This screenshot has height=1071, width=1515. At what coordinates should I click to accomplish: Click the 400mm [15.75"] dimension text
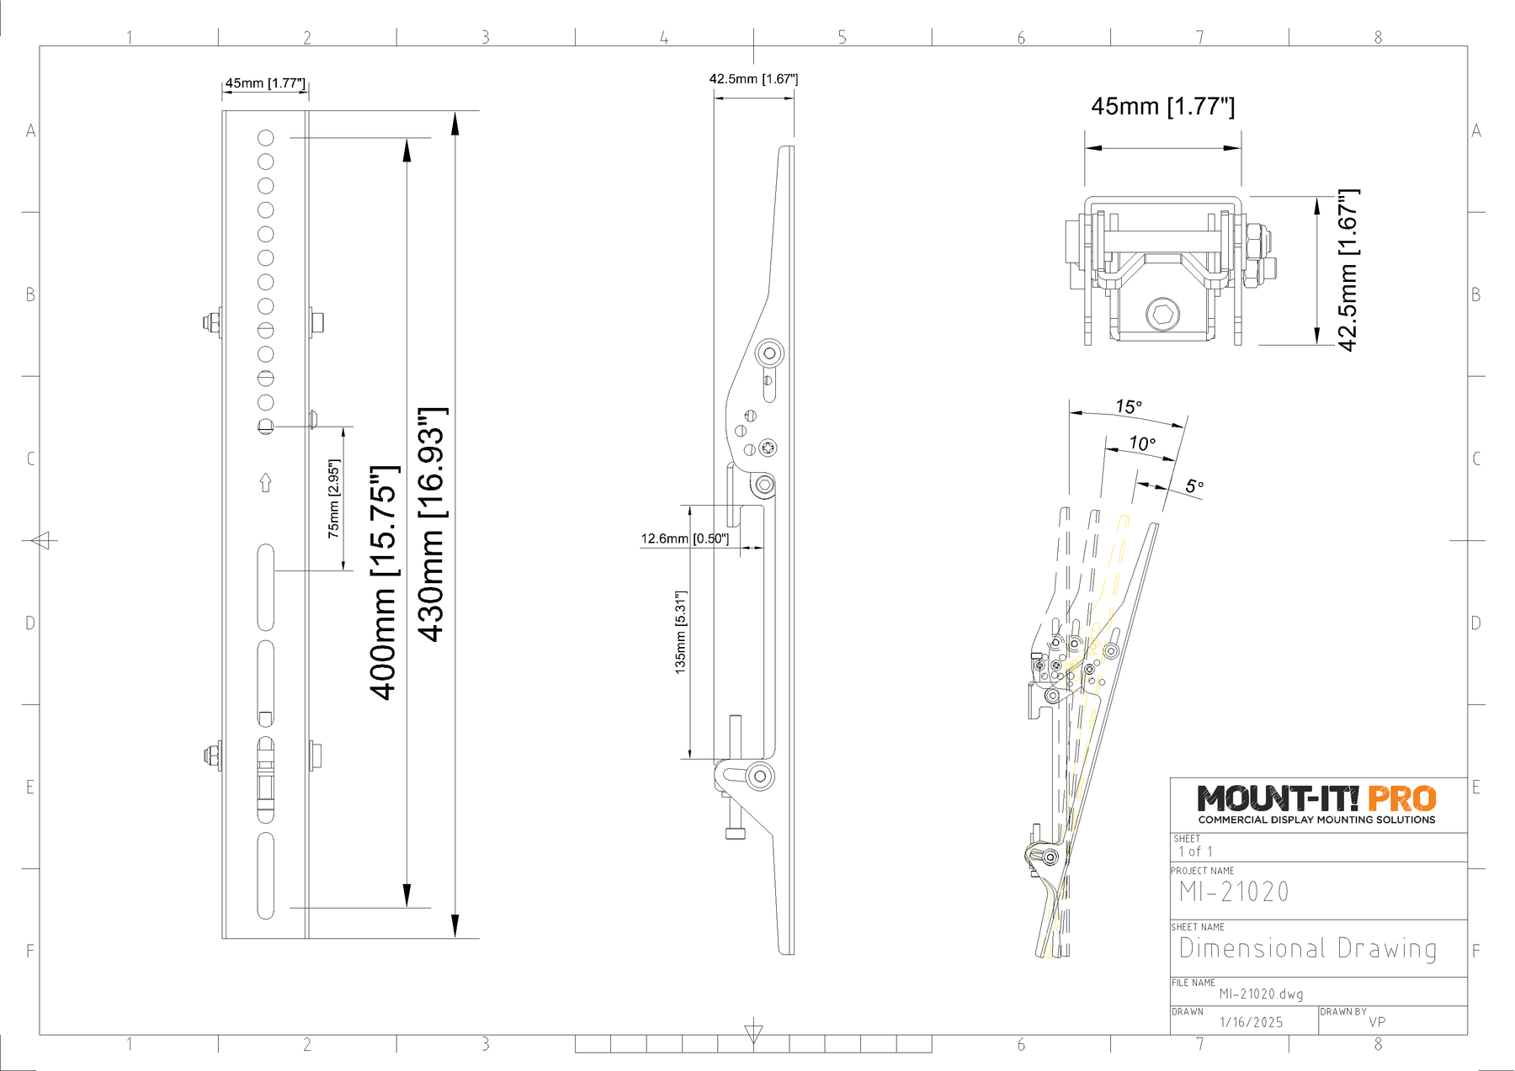(383, 581)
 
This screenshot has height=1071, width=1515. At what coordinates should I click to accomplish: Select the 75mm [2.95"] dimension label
(334, 499)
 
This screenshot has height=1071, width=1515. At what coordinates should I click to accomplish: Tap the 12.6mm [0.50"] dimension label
(685, 538)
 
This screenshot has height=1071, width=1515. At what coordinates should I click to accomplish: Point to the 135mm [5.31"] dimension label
(681, 632)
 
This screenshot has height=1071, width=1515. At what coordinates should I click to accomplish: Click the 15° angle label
(1129, 407)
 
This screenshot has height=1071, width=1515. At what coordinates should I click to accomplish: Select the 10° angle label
(1142, 443)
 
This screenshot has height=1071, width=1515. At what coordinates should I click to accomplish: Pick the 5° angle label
(1194, 486)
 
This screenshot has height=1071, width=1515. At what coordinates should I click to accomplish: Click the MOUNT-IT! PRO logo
(1316, 804)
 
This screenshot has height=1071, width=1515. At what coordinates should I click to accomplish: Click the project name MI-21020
(1234, 892)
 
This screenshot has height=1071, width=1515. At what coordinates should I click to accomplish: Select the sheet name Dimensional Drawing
(1308, 948)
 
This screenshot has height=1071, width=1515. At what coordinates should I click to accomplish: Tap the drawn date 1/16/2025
(1252, 1022)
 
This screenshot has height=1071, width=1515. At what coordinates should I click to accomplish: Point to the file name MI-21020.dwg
(1261, 994)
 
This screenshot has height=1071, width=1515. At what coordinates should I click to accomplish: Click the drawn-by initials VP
(1377, 1022)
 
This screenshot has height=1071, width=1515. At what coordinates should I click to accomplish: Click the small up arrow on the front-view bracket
(266, 482)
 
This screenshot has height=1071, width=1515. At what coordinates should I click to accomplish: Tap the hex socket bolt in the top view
(1163, 315)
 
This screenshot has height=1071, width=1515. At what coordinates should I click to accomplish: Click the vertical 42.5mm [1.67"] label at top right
(1348, 270)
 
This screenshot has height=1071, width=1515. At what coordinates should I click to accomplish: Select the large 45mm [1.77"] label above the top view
(1163, 107)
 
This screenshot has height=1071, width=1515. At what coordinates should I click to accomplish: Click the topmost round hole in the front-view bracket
(266, 138)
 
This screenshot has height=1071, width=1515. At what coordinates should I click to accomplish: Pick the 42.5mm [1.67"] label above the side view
(753, 79)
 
